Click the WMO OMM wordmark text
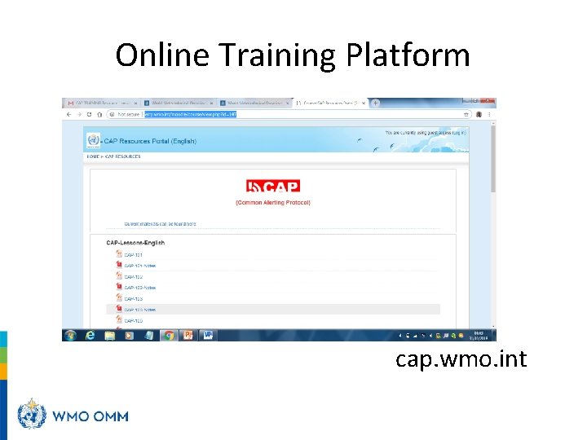[90, 416]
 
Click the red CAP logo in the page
[273, 187]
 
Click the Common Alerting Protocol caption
[273, 202]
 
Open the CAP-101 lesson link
[133, 255]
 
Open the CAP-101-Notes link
[139, 266]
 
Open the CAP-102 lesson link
[133, 277]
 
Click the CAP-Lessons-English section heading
[135, 242]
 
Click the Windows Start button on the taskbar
[70, 335]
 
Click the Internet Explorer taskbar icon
[90, 335]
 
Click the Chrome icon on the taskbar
[169, 335]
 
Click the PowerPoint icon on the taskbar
[188, 335]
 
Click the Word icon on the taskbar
[208, 335]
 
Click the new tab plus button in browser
[375, 103]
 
